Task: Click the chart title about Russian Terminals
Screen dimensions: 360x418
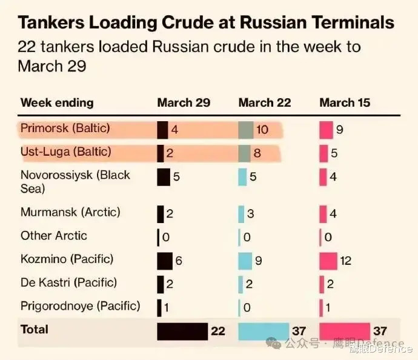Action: pyautogui.click(x=206, y=23)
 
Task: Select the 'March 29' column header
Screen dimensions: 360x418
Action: pyautogui.click(x=184, y=102)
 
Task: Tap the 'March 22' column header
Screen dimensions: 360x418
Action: pyautogui.click(x=265, y=102)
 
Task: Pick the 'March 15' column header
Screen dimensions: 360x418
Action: pyautogui.click(x=345, y=102)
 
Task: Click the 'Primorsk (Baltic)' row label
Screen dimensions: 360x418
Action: pyautogui.click(x=65, y=129)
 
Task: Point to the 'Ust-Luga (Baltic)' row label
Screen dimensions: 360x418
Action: pyautogui.click(x=65, y=152)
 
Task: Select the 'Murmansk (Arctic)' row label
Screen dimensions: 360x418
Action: pyautogui.click(x=70, y=213)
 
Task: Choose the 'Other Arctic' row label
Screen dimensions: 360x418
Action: pyautogui.click(x=54, y=236)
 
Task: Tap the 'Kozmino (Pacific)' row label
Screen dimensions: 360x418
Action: pyautogui.click(x=67, y=259)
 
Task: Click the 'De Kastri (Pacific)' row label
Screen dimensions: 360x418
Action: pyautogui.click(x=68, y=283)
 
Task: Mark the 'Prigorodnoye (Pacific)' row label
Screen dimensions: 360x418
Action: pyautogui.click(x=80, y=306)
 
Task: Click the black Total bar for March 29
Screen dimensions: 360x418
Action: pyautogui.click(x=182, y=331)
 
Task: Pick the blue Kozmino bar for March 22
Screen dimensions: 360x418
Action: pyautogui.click(x=245, y=261)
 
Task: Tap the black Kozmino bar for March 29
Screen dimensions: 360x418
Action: pyautogui.click(x=165, y=261)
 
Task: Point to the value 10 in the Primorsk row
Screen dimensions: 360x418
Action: pyautogui.click(x=262, y=130)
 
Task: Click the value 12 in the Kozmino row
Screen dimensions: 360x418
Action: pyautogui.click(x=345, y=261)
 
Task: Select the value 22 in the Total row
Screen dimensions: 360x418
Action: pyautogui.click(x=217, y=332)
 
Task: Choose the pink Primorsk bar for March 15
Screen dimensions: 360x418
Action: pyautogui.click(x=326, y=130)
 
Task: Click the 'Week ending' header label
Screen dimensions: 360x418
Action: pyautogui.click(x=57, y=102)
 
